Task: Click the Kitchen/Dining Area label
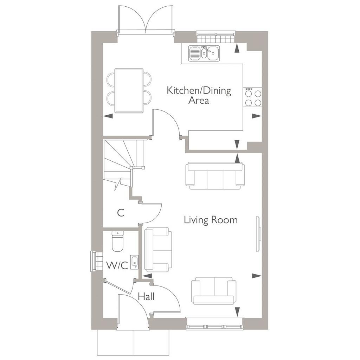(199, 95)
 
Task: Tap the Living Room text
(211, 220)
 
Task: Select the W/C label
(117, 266)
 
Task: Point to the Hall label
(146, 296)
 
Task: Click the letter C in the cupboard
(121, 213)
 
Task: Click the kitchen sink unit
(204, 53)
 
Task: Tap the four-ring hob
(253, 97)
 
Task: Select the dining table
(129, 91)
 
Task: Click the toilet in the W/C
(117, 241)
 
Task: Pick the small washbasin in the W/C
(135, 262)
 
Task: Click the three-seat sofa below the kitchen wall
(215, 176)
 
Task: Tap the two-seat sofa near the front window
(213, 290)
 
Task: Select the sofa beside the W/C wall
(158, 249)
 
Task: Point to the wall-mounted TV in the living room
(258, 234)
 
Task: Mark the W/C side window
(97, 262)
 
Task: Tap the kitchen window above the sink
(216, 37)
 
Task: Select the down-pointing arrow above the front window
(237, 312)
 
